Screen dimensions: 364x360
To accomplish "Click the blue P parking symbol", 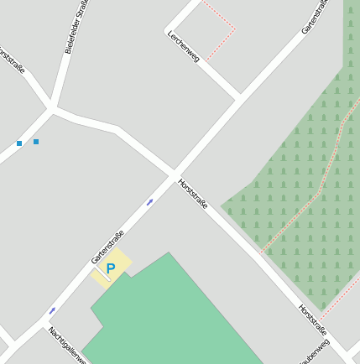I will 110,268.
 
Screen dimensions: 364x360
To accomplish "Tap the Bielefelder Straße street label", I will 76,28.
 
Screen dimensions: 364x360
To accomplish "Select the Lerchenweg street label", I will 183,47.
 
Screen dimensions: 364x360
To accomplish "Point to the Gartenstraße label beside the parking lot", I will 107,247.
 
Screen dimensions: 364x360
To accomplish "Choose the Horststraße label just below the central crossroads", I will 193,194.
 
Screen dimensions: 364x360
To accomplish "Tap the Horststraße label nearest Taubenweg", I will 312,320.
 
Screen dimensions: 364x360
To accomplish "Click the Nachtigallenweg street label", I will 66,345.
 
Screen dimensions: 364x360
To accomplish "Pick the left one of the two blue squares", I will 19,143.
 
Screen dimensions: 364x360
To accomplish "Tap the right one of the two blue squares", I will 36,142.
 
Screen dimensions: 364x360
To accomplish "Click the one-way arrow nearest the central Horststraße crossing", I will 150,201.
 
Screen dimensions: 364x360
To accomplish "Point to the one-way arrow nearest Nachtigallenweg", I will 52,310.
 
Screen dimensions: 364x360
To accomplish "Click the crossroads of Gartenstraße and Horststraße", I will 176,174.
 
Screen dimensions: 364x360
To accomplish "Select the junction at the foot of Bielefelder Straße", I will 53,107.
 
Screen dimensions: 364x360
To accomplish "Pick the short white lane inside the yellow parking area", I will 102,273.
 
